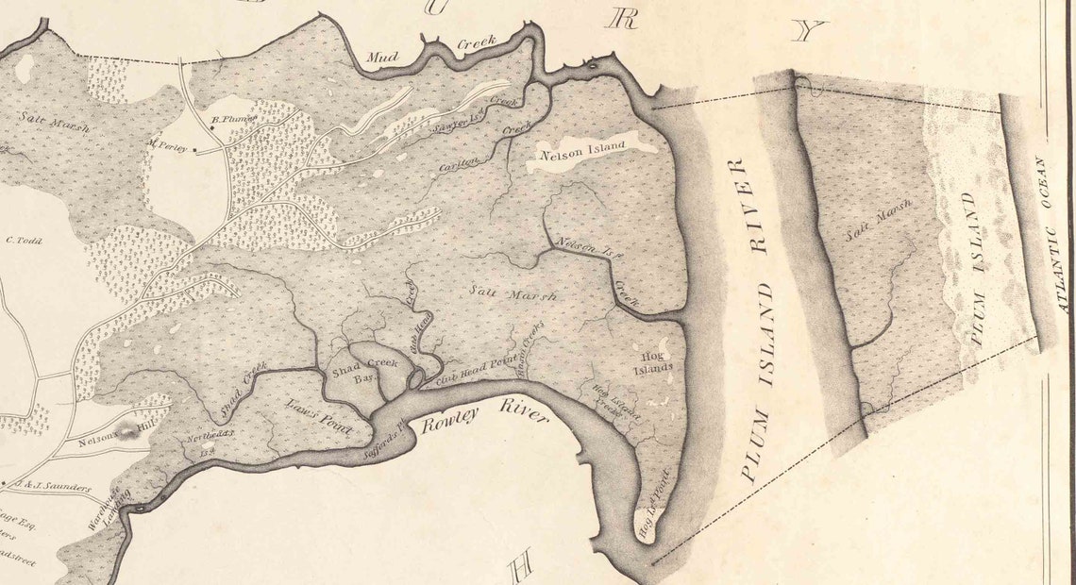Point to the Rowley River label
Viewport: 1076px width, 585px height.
coord(484,416)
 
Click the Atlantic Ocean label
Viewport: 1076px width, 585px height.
coord(1051,235)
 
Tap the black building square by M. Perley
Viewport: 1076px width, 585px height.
coord(195,149)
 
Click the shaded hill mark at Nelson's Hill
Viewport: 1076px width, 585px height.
coord(126,430)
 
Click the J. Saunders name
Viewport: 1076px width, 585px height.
coord(57,488)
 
